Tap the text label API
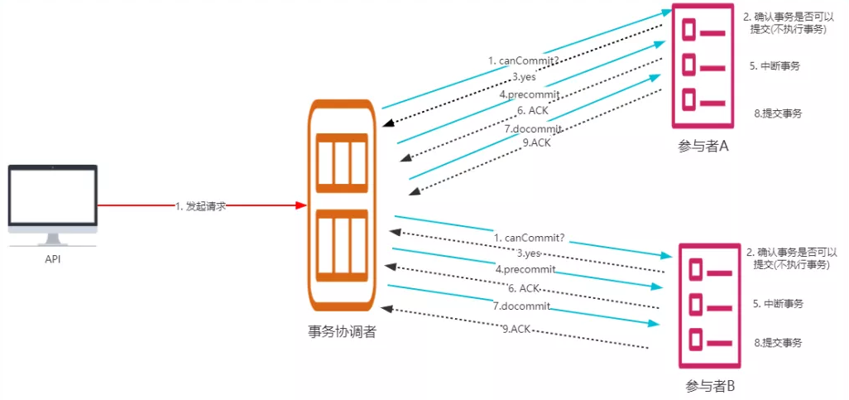coord(52,259)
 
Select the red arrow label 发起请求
coord(200,206)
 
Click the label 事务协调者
coord(342,332)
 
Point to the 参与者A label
coord(703,147)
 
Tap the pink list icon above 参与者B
coord(709,305)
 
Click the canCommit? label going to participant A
coord(523,60)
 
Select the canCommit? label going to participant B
coord(529,238)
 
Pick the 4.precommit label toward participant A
coord(530,94)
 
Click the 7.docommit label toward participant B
coord(521,306)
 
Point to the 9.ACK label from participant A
coord(537,142)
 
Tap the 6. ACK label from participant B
coord(524,288)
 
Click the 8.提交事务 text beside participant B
coord(779,343)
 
